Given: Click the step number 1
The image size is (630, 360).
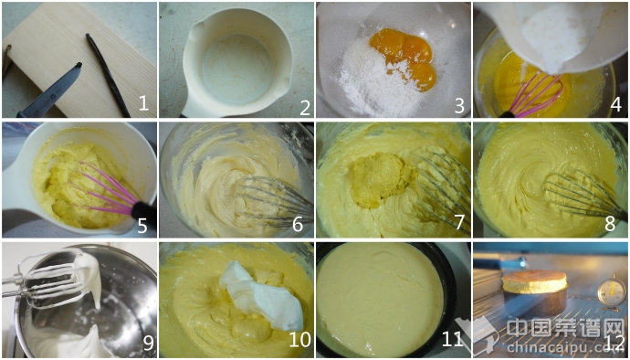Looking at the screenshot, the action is point(144,104).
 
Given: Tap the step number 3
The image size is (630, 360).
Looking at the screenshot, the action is point(459,105).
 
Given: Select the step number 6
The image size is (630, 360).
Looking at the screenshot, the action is point(298,225).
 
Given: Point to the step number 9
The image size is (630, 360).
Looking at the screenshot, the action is point(148,343).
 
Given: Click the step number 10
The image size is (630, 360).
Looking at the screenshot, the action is point(299,340).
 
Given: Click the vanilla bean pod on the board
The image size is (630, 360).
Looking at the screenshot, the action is point(108,75).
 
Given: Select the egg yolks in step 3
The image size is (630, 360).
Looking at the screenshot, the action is point(403,57).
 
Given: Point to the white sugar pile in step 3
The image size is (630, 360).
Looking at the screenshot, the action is point(372,87).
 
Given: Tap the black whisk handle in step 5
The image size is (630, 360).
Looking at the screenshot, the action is point(142,211).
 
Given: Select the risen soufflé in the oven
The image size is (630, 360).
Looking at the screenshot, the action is point(534,281).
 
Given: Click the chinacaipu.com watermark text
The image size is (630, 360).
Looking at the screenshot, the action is point(561,346).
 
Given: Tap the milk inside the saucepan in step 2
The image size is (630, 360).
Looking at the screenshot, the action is point(237,69).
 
